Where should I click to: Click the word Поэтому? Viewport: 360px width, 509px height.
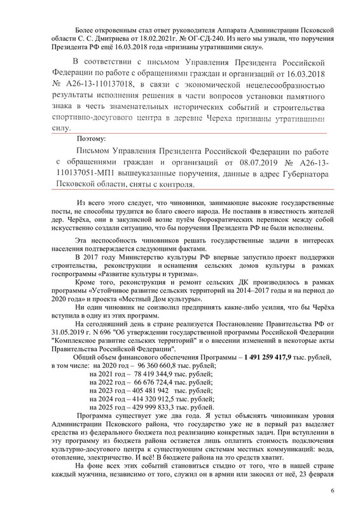tap(91, 137)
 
